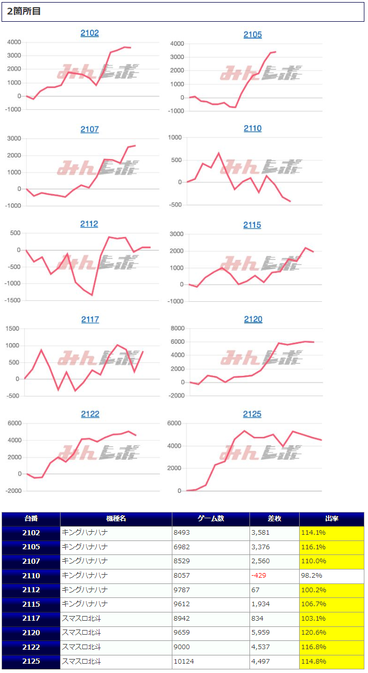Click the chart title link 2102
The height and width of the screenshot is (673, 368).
coord(90,33)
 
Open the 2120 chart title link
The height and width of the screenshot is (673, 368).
coord(253,319)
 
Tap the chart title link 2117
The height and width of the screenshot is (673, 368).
coord(90,319)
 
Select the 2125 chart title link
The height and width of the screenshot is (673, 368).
coord(253,414)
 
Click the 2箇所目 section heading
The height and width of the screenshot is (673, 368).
coord(24,11)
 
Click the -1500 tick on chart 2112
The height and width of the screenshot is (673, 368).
coord(13,300)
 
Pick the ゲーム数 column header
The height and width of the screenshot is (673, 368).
coord(211,519)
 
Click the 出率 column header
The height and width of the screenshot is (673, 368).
coord(331,519)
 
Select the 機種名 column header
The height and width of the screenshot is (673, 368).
coord(116,519)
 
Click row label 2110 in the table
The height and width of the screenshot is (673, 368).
coord(31,575)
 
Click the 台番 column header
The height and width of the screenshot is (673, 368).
coord(31,519)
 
